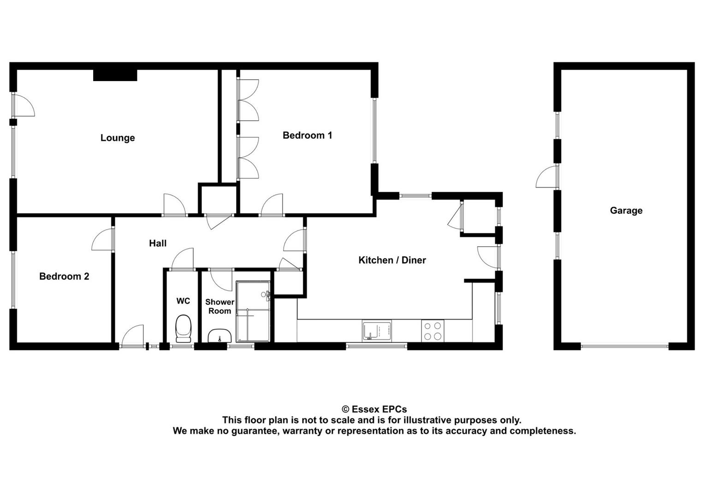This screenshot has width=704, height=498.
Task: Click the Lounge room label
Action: click(118, 138)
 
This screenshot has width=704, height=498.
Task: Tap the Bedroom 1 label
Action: click(307, 135)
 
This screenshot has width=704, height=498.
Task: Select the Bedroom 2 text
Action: click(64, 276)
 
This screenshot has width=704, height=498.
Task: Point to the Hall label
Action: click(158, 243)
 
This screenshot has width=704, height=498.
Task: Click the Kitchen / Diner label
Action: click(392, 260)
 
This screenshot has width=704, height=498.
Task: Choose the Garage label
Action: click(626, 211)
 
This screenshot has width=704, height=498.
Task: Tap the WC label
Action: click(183, 301)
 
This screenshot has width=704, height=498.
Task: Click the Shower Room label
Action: click(219, 306)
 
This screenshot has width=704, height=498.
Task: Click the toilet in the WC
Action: click(183, 328)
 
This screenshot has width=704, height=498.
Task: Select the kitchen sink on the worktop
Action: click(377, 331)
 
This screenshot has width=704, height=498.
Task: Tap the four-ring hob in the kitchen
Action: click(432, 331)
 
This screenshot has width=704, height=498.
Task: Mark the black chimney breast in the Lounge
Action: click(115, 75)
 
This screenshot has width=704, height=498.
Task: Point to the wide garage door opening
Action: click(624, 346)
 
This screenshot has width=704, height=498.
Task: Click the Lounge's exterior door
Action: click(23, 105)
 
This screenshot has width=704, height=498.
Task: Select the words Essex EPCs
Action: click(379, 409)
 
